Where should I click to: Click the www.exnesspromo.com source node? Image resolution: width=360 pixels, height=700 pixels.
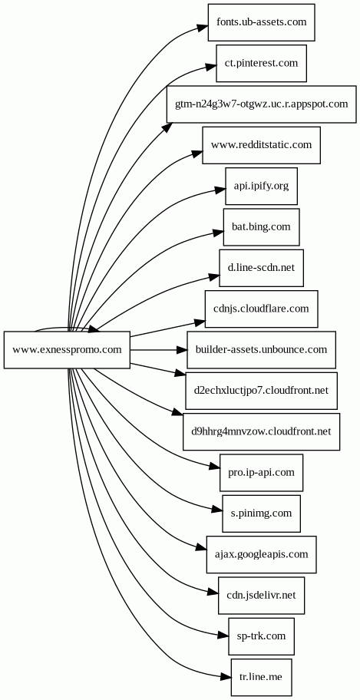click(x=67, y=350)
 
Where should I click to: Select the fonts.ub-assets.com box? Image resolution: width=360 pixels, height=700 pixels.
click(x=261, y=22)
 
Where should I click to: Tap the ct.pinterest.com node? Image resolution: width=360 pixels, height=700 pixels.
click(x=261, y=63)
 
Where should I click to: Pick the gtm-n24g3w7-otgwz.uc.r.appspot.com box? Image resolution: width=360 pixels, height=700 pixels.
click(x=261, y=104)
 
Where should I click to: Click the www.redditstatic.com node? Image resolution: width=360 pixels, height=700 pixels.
click(x=261, y=145)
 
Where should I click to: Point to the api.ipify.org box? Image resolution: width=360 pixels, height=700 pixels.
click(x=261, y=187)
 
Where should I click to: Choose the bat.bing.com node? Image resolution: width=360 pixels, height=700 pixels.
click(x=261, y=226)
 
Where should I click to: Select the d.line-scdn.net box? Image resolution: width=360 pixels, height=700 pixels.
click(x=261, y=268)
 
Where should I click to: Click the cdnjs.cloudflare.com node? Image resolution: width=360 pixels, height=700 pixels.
click(x=261, y=309)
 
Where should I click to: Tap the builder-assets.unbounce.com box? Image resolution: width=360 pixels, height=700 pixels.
click(x=261, y=350)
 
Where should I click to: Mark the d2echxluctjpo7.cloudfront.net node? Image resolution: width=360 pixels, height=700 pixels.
click(x=261, y=391)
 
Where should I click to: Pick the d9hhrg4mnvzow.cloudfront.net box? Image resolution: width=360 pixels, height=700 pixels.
click(x=261, y=431)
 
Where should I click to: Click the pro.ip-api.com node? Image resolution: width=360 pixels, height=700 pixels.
click(x=261, y=473)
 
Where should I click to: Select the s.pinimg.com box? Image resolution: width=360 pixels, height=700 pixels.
click(x=261, y=513)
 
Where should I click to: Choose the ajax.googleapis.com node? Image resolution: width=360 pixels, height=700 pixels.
click(x=261, y=554)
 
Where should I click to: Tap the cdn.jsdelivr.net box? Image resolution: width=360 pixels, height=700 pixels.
click(x=261, y=596)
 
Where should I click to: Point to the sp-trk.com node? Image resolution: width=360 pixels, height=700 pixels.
click(x=261, y=636)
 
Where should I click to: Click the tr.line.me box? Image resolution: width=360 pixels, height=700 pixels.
click(x=261, y=677)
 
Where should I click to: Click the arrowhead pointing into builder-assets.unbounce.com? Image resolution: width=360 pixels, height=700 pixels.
click(x=181, y=350)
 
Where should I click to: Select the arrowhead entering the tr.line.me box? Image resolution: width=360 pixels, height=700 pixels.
click(x=226, y=677)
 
